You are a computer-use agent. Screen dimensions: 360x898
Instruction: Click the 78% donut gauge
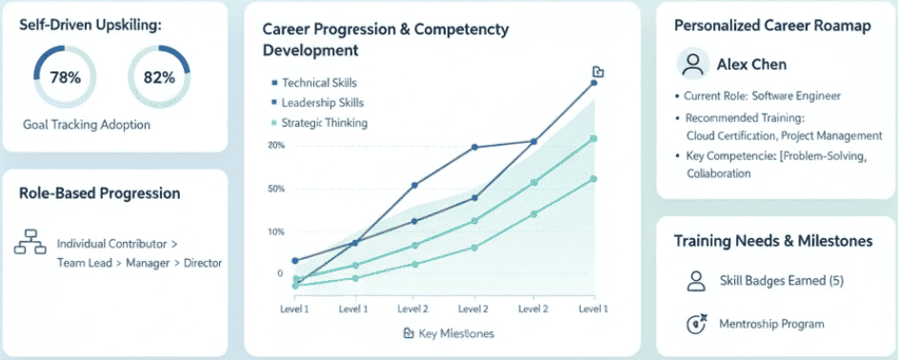click(65, 78)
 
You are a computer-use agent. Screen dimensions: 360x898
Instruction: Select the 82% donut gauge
click(159, 78)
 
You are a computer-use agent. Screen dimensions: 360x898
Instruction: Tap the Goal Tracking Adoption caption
click(87, 125)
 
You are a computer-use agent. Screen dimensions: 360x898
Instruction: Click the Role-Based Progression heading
click(99, 193)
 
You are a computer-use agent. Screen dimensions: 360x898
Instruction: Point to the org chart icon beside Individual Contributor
click(30, 244)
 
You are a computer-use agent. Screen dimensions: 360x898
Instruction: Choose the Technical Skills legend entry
click(319, 83)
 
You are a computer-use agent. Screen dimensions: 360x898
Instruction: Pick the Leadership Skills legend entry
click(322, 103)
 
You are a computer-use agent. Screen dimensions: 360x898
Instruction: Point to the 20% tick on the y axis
click(276, 146)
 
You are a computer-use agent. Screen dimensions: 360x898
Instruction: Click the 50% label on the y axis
click(276, 189)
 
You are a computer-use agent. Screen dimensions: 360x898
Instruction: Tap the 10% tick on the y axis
click(276, 232)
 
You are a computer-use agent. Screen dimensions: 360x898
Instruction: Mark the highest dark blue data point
click(593, 83)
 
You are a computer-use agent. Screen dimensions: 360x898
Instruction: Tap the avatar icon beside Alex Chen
click(693, 65)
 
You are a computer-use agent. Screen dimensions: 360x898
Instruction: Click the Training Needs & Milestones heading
click(773, 242)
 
